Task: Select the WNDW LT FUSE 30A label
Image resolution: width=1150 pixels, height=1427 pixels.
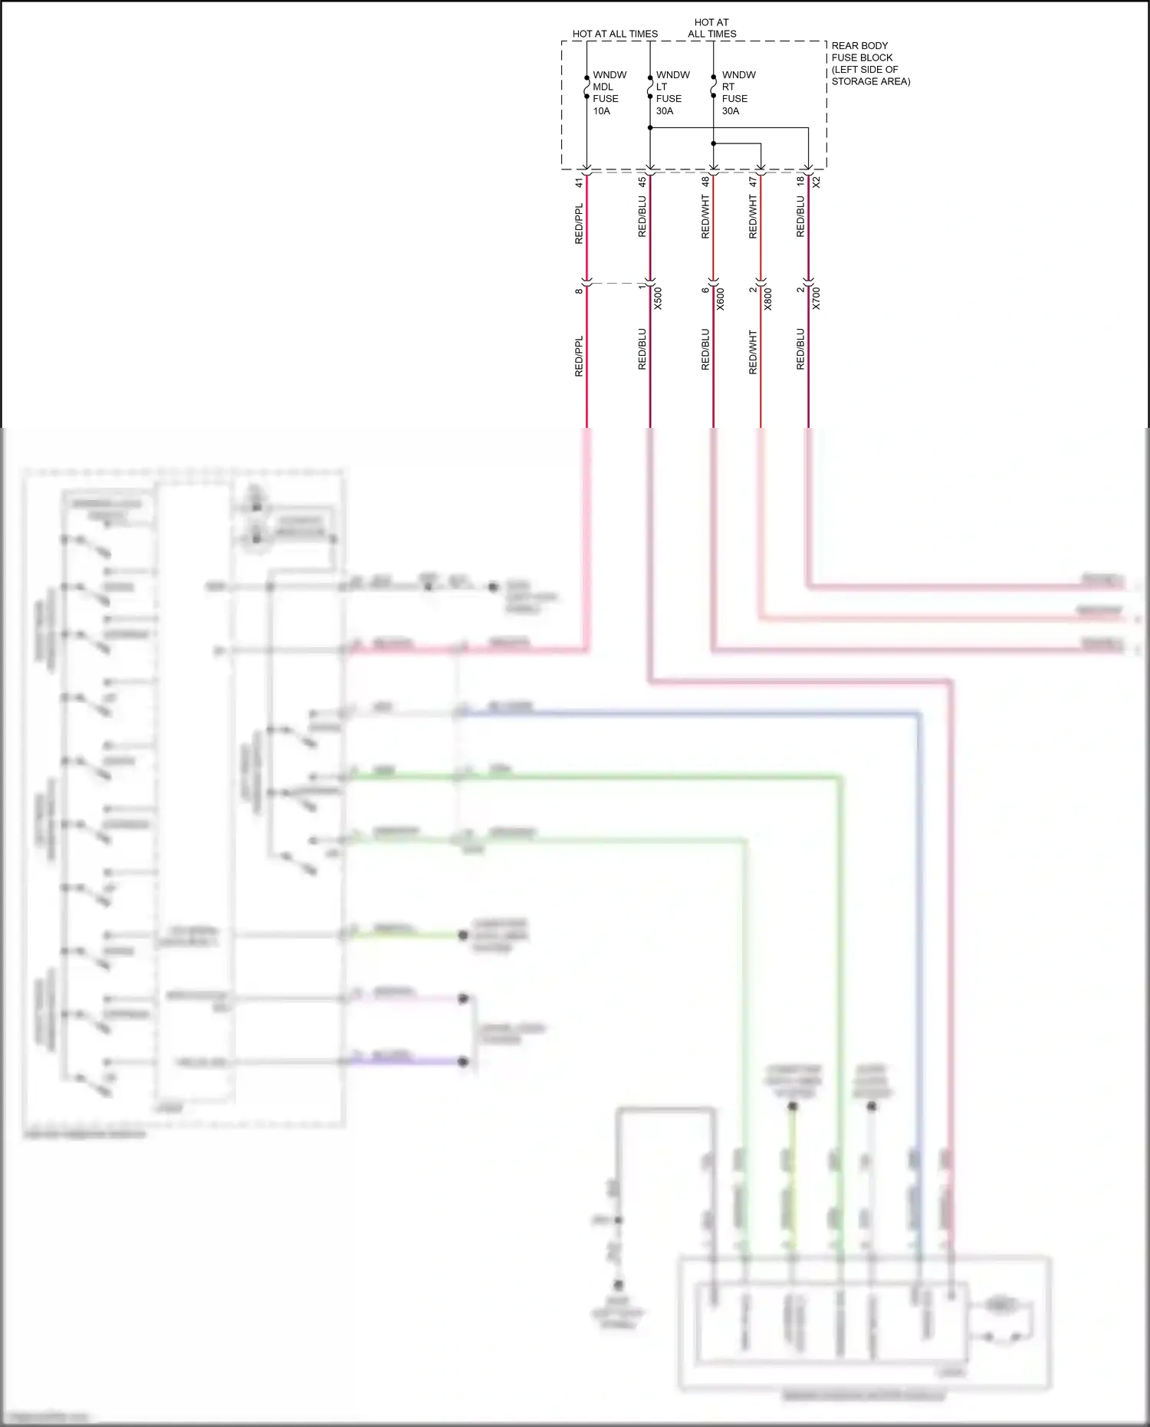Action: point(672,93)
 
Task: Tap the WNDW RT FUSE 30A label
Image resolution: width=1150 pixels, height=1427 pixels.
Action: point(738,93)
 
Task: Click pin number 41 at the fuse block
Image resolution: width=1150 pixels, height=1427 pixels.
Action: point(580,182)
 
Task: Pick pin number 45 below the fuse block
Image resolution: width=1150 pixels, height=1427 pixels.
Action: point(642,182)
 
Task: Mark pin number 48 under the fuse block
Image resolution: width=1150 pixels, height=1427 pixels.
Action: point(705,182)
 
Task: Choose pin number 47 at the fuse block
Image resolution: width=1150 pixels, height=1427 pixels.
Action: point(753,182)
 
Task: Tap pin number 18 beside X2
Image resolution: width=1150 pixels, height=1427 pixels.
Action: point(800,181)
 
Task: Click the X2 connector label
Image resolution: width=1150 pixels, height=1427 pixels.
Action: point(816,182)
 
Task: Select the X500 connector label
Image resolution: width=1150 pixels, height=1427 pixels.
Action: point(658,298)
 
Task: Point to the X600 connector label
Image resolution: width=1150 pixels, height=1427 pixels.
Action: point(721,298)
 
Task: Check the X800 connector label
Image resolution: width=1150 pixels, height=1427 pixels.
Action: point(768,298)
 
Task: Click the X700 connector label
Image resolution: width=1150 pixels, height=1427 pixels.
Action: point(816,298)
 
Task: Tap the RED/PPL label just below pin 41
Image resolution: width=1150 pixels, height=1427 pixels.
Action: point(580,224)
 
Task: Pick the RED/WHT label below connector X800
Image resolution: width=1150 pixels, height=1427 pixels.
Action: point(753,352)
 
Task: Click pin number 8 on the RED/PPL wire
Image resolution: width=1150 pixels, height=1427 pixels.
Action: point(580,291)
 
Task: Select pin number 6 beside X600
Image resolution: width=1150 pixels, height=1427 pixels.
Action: point(705,290)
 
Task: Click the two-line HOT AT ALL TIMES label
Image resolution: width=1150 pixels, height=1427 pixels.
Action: point(711,28)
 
